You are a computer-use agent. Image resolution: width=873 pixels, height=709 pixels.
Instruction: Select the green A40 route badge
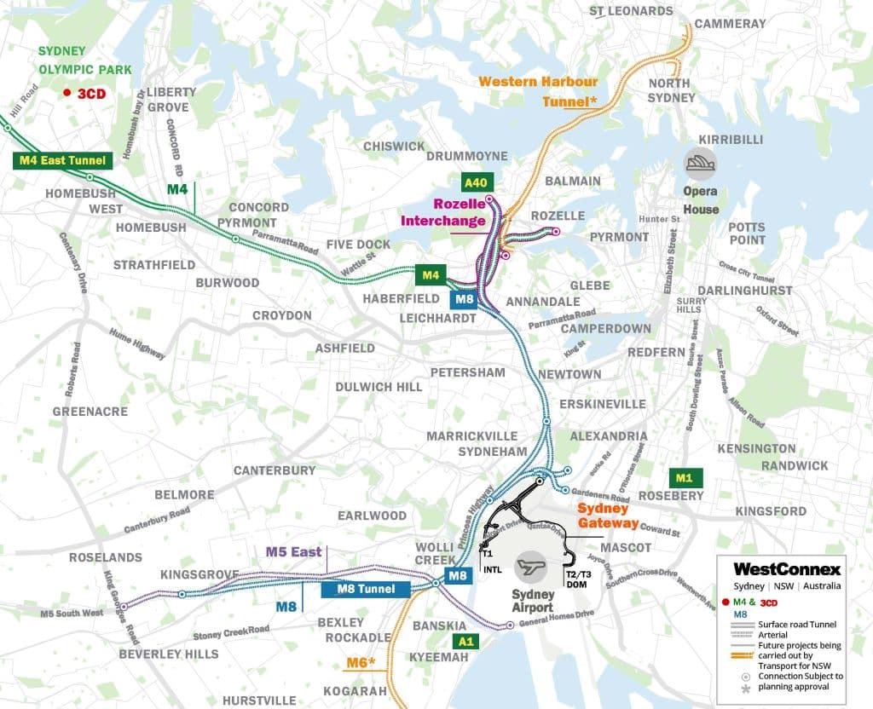(477, 182)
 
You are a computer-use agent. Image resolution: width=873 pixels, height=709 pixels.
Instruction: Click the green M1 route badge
(684, 477)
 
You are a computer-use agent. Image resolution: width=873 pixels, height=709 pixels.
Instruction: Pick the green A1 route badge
(465, 641)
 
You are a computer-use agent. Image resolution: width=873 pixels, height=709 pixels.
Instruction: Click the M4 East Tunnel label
(63, 159)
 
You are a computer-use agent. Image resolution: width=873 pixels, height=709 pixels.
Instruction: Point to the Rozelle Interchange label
(460, 213)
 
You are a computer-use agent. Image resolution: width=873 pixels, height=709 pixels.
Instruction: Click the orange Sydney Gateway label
(608, 516)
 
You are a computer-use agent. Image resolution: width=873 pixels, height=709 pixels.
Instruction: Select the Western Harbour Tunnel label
(538, 91)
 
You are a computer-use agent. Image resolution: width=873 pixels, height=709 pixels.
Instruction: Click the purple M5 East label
(293, 551)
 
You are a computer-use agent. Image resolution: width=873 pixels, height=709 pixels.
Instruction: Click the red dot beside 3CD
(66, 94)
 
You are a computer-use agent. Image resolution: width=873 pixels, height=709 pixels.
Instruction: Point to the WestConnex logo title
(787, 568)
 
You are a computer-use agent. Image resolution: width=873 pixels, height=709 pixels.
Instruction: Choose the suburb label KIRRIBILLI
(730, 139)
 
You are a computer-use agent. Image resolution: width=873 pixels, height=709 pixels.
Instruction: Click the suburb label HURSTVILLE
(259, 700)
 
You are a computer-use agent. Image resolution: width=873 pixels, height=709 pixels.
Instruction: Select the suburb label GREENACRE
(90, 412)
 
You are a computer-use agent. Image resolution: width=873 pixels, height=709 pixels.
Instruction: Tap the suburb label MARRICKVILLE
(472, 436)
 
